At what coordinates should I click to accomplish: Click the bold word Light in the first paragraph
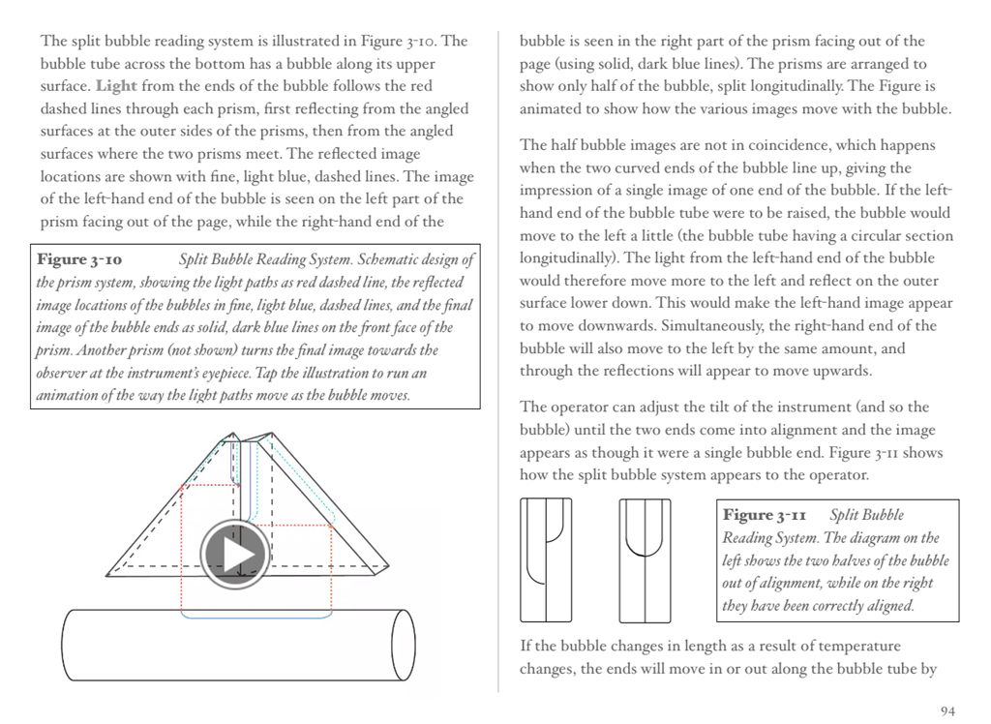(116, 86)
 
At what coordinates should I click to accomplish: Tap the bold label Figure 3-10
(79, 260)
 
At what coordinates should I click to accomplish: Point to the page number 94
(947, 711)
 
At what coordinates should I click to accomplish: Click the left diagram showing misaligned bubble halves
(546, 559)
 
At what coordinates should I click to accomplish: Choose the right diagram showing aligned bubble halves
(646, 559)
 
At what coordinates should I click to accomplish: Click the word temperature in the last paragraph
(858, 647)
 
